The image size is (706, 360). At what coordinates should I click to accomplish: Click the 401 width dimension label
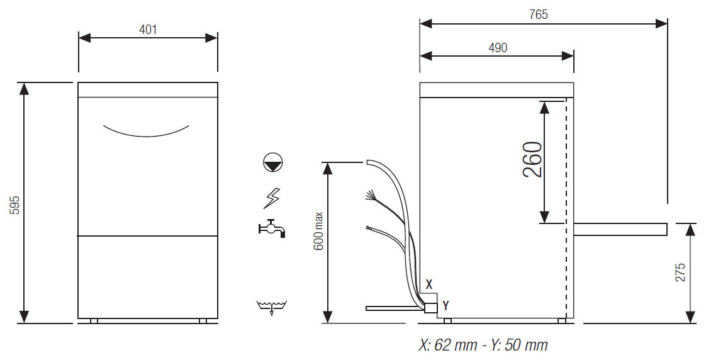(x=148, y=30)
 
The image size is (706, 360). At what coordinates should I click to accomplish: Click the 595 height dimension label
(x=15, y=205)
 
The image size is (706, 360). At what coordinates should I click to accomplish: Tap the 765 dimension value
(x=539, y=15)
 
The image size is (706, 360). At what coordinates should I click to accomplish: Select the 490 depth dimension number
(x=498, y=48)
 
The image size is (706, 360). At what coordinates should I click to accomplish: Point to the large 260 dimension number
(x=532, y=159)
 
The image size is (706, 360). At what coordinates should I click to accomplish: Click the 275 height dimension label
(x=680, y=273)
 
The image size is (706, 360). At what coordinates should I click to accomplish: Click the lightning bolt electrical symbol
(x=271, y=198)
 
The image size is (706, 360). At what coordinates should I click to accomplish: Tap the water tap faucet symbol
(x=271, y=228)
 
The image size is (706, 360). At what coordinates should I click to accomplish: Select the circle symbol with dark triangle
(x=273, y=162)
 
